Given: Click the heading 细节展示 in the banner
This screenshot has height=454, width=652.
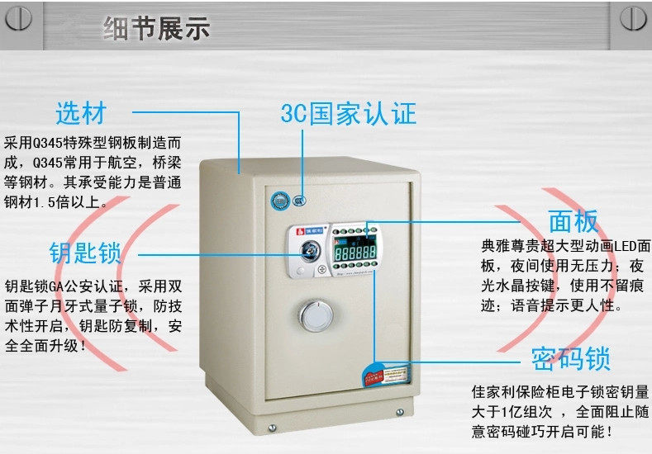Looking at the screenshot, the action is pos(157,28).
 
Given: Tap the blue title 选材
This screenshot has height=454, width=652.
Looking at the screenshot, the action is pos(81,111).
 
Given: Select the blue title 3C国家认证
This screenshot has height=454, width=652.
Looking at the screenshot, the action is pos(348,113).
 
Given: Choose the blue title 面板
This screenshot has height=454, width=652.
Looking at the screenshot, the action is pos(573,221).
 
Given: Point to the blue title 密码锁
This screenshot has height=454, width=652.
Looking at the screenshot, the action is pos(571,359).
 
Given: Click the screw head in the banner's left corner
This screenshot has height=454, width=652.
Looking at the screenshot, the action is pos(18,19).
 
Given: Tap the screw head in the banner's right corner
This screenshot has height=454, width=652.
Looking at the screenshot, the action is pos(632,19).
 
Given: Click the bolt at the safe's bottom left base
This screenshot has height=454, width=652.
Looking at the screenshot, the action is pos(272,427).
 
